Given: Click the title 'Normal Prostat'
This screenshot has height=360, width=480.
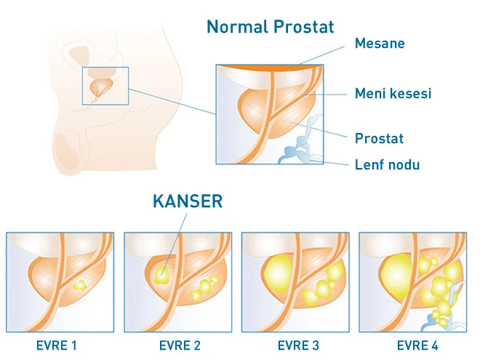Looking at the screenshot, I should click(x=270, y=27).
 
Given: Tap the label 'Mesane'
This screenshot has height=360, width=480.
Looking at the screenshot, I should click(x=379, y=44).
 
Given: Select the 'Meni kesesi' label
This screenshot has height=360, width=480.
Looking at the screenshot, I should click(x=393, y=93).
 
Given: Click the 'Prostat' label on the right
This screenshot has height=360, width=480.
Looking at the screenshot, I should click(x=379, y=137).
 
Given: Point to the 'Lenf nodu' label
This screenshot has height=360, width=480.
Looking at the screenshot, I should click(x=387, y=164).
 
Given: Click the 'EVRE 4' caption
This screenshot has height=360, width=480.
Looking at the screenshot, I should click(x=412, y=345).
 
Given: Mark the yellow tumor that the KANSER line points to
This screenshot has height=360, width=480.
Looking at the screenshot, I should click(x=162, y=274).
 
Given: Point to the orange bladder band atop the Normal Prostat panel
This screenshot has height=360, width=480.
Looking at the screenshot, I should click(x=270, y=71).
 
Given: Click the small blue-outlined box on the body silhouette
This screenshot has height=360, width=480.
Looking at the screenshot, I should click(x=105, y=86).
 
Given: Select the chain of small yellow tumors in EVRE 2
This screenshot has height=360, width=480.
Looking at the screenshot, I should click(x=205, y=288).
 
